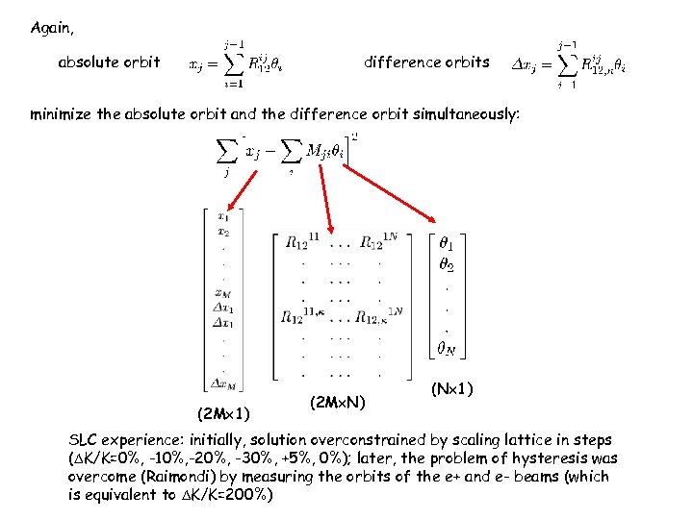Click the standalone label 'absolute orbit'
click(109, 62)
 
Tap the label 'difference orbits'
click(426, 62)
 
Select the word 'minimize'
click(63, 114)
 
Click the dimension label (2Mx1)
click(223, 414)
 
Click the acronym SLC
click(84, 441)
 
